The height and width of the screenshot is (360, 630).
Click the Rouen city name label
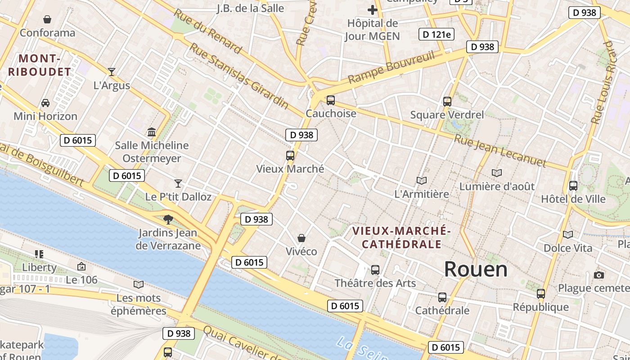coord(476,269)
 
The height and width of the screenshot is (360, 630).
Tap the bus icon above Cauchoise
coord(331,100)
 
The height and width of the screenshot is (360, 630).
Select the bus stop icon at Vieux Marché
coord(290,156)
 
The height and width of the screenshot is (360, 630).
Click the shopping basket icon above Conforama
coord(47,19)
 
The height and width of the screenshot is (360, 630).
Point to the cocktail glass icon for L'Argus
coord(112,72)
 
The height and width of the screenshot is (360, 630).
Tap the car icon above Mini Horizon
coord(45,103)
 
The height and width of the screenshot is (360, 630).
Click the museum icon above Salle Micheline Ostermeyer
coord(152,132)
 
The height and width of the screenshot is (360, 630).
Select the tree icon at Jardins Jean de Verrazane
coord(168,220)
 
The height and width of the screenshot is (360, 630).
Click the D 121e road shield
coord(436,34)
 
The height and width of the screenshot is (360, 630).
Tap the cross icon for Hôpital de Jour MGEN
coord(373,9)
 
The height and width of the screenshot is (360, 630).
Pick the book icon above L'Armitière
coord(422,180)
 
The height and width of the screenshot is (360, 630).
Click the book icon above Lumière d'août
coord(497,173)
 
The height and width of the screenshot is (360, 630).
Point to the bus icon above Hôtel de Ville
coord(573,185)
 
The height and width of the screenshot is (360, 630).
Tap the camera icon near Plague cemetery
coord(599,275)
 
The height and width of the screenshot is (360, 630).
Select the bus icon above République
coord(541,294)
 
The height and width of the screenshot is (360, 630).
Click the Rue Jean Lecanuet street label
coord(499,151)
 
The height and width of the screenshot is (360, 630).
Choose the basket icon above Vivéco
coord(301,238)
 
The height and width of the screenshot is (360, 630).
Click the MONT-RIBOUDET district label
coord(40,65)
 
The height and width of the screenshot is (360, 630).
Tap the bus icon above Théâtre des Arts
coord(375,270)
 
